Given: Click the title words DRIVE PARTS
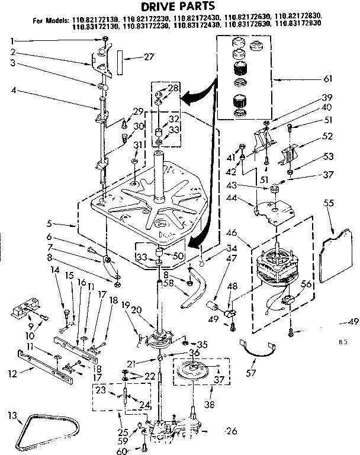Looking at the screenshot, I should coord(180,7).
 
